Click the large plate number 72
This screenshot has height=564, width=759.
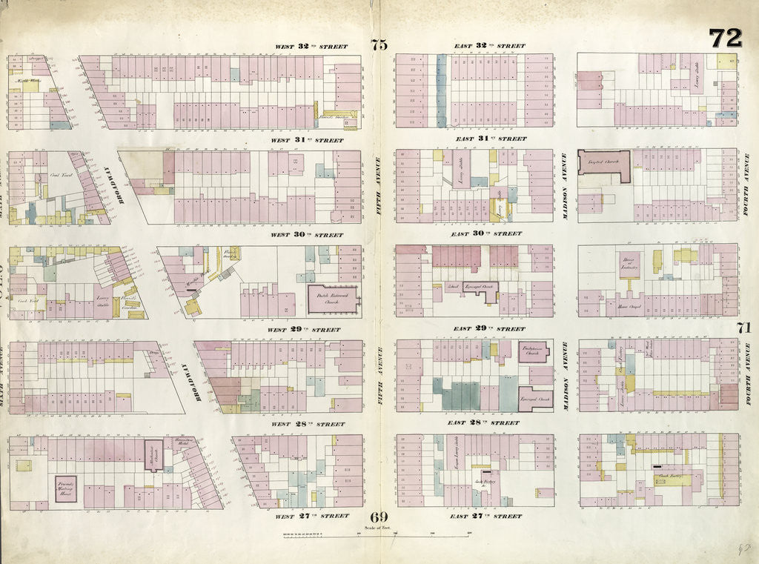(x=725, y=39)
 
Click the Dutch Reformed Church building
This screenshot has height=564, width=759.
(x=333, y=299)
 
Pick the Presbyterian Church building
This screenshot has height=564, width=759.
(x=534, y=352)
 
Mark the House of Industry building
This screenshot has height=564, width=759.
(x=629, y=265)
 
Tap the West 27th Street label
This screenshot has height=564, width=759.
(x=311, y=516)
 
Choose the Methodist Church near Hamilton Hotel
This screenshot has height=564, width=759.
(x=153, y=451)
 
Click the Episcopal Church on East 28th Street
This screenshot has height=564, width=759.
(x=535, y=398)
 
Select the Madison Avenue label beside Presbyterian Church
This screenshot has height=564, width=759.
(x=566, y=376)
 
